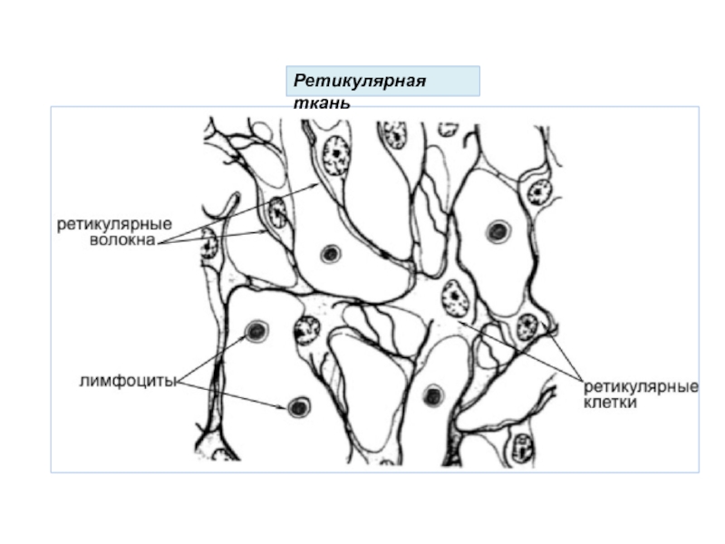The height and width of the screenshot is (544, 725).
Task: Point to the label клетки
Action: (609, 403)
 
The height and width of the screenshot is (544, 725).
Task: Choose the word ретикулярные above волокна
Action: (115, 224)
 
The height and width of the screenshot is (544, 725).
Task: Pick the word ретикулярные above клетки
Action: (640, 387)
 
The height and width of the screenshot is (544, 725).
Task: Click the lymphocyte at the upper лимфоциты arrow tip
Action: (256, 331)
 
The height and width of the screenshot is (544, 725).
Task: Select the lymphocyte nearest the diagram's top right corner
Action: (497, 232)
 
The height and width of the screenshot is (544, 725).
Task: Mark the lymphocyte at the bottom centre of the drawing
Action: (434, 395)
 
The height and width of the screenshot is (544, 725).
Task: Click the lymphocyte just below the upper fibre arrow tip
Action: (330, 254)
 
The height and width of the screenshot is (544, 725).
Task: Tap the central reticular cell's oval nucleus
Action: (451, 296)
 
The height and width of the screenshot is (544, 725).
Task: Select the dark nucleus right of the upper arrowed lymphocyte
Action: (304, 332)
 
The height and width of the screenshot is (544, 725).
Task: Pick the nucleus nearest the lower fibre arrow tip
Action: (277, 214)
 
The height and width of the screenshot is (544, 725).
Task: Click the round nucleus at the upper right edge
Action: (539, 190)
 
